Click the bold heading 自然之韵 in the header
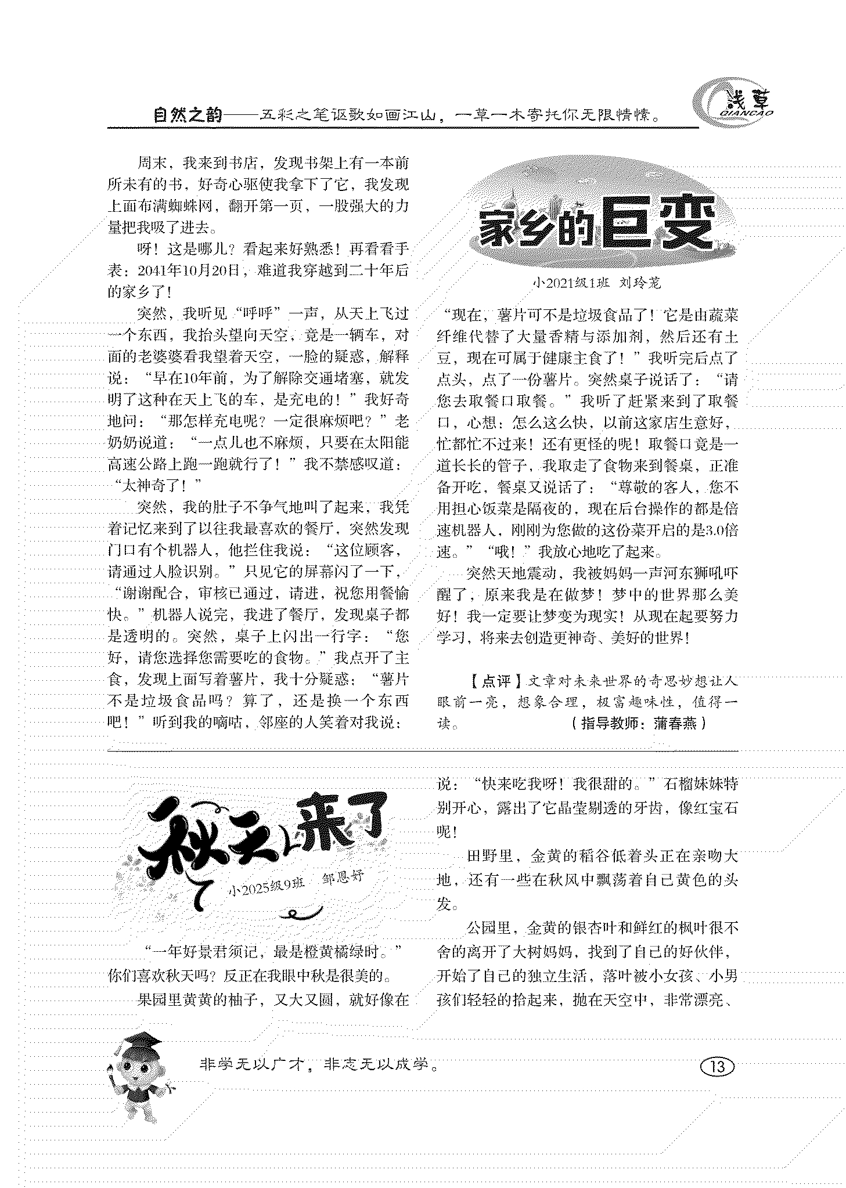coord(188,115)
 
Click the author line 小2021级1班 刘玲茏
coord(597,283)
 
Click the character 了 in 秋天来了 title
coord(363,824)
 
